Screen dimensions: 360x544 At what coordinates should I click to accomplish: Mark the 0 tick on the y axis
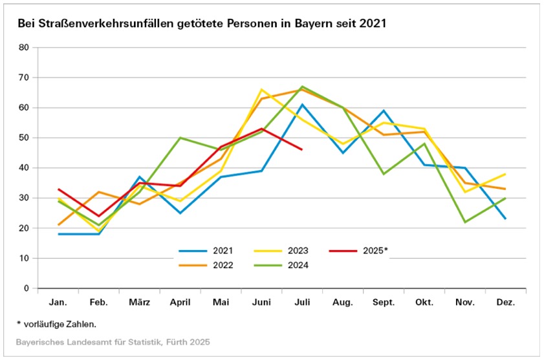coord(27,288)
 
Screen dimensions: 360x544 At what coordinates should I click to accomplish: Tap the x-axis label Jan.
coord(59,302)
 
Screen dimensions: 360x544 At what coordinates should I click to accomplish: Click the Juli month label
coord(302,302)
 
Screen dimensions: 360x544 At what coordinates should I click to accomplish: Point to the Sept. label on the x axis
coord(383,302)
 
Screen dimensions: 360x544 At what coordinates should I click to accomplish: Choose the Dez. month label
coord(505,302)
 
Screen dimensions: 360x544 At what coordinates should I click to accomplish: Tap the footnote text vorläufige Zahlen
coord(61,323)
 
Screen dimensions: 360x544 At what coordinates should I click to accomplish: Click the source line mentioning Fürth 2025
coord(114,341)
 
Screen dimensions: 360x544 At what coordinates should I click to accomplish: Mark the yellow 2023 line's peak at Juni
coord(261,89)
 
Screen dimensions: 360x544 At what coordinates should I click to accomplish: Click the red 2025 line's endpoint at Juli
coord(302,149)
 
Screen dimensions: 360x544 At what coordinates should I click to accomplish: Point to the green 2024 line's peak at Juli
coord(302,87)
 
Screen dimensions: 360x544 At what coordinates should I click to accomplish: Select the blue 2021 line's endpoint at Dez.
coord(505,218)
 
